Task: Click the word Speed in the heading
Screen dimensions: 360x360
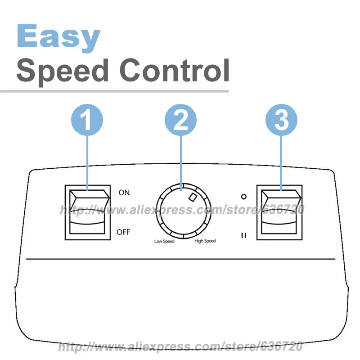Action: [x=63, y=70]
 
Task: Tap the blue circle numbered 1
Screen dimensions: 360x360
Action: [x=87, y=120]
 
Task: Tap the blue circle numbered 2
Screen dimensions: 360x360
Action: [x=180, y=120]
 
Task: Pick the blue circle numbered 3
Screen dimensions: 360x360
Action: [x=281, y=120]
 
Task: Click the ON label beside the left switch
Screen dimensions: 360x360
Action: [x=124, y=193]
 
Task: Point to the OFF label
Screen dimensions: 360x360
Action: [x=123, y=232]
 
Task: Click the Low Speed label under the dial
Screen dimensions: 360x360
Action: [x=164, y=241]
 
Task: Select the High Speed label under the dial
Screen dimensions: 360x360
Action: [x=205, y=241]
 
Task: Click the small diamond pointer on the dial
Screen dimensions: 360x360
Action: [x=193, y=197]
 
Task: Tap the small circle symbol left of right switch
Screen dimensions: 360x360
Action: [x=243, y=197]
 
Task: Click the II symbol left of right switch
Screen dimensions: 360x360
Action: [x=243, y=234]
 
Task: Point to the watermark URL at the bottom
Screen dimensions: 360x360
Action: [x=180, y=347]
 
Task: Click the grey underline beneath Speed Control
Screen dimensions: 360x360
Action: [x=114, y=91]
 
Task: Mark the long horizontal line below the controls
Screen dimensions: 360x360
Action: [x=180, y=260]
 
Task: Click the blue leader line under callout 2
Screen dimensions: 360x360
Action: [x=180, y=162]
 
